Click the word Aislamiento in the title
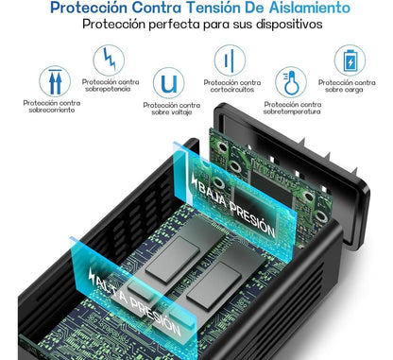(310, 8)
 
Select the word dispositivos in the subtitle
(289, 24)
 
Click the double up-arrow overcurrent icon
(55, 81)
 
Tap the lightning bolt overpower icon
(109, 60)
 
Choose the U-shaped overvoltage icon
(168, 83)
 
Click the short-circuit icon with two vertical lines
(230, 60)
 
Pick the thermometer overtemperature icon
(291, 82)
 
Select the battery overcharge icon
(350, 60)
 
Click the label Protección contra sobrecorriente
(52, 107)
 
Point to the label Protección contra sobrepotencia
(111, 85)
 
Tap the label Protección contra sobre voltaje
(172, 109)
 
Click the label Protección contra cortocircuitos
(232, 86)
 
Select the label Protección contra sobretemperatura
(293, 108)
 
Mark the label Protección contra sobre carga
(347, 86)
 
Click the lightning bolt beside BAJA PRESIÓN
(194, 180)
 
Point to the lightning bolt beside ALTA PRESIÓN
(92, 276)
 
